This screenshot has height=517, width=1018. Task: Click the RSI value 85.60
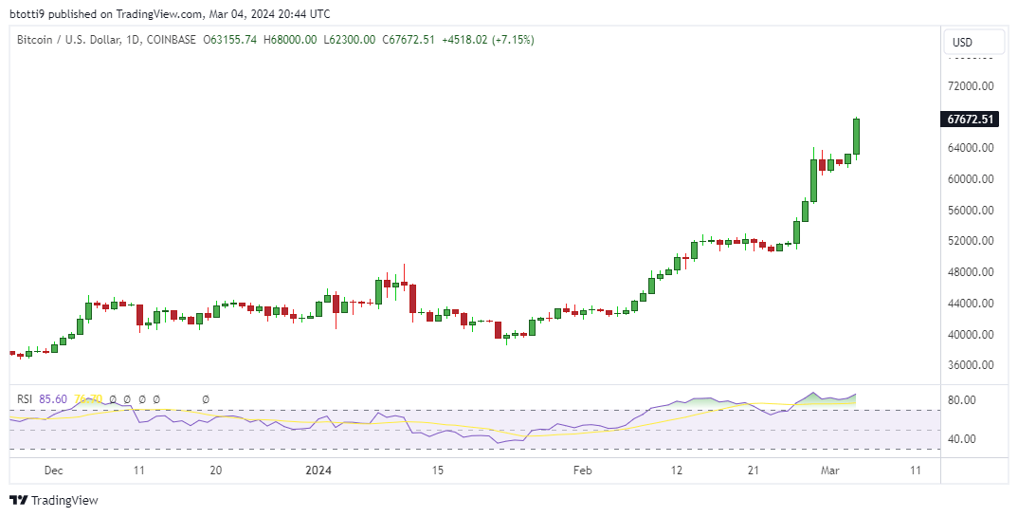[53, 399]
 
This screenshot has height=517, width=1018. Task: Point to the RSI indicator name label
[23, 399]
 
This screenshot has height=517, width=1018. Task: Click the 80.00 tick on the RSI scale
[964, 400]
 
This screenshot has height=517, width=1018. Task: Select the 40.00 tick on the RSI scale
[964, 439]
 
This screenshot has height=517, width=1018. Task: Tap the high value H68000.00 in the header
[290, 40]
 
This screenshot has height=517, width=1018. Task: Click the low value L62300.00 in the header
[350, 40]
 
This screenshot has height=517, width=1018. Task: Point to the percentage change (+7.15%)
[511, 40]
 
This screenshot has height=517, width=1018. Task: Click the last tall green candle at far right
[857, 137]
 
